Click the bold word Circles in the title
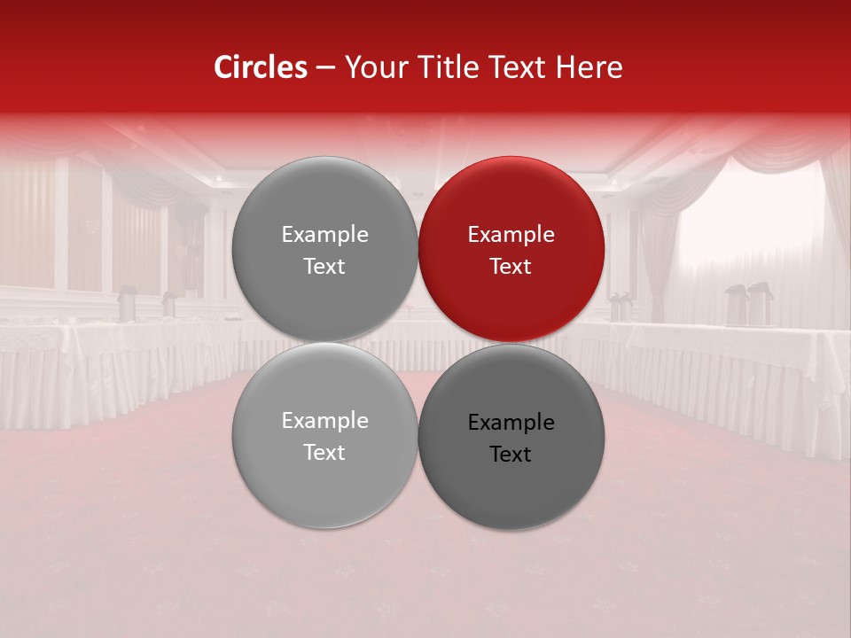[261, 67]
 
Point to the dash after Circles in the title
[325, 68]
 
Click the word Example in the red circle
[511, 235]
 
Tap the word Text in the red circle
[511, 267]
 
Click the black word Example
[511, 423]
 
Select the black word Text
[511, 455]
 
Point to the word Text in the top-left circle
[324, 267]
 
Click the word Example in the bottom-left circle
[324, 421]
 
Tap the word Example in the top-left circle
[324, 235]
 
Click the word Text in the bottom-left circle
[324, 453]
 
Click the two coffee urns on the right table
[748, 304]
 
